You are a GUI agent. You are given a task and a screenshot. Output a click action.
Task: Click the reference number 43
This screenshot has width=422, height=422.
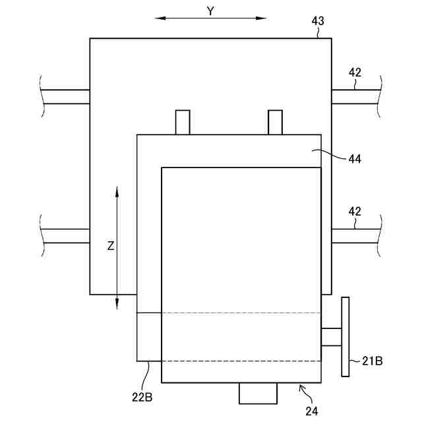pyautogui.click(x=318, y=21)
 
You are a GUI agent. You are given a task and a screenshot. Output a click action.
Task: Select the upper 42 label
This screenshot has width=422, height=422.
pyautogui.click(x=355, y=73)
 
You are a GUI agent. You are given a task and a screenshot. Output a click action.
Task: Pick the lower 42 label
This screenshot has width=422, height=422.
pyautogui.click(x=355, y=212)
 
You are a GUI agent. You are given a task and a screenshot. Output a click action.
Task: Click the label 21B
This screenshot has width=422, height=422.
pyautogui.click(x=373, y=361)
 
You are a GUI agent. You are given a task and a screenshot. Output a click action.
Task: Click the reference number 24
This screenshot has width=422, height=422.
pyautogui.click(x=312, y=410)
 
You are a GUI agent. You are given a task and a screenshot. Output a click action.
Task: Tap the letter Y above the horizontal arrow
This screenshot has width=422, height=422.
pyautogui.click(x=210, y=11)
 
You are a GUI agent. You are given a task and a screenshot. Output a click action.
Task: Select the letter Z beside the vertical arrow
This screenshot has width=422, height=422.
pyautogui.click(x=111, y=246)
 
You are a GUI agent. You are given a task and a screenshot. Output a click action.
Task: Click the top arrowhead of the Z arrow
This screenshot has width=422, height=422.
pyautogui.click(x=117, y=191)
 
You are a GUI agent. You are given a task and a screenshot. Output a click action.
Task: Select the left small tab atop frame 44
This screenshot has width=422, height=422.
pyautogui.click(x=183, y=122)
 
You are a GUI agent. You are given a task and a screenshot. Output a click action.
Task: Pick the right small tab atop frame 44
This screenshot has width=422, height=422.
pyautogui.click(x=275, y=122)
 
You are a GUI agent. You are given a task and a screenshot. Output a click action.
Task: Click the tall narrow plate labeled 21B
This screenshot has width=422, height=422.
pyautogui.click(x=346, y=337)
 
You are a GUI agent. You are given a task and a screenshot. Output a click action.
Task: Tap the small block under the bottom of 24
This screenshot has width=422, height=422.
pyautogui.click(x=258, y=393)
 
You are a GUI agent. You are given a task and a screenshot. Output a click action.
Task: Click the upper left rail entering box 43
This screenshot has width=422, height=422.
pyautogui.click(x=65, y=97)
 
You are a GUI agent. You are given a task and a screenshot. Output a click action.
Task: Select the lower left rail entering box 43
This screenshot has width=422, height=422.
pyautogui.click(x=65, y=236)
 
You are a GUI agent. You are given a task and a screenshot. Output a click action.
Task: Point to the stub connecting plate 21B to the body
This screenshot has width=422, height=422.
pyautogui.click(x=331, y=337)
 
